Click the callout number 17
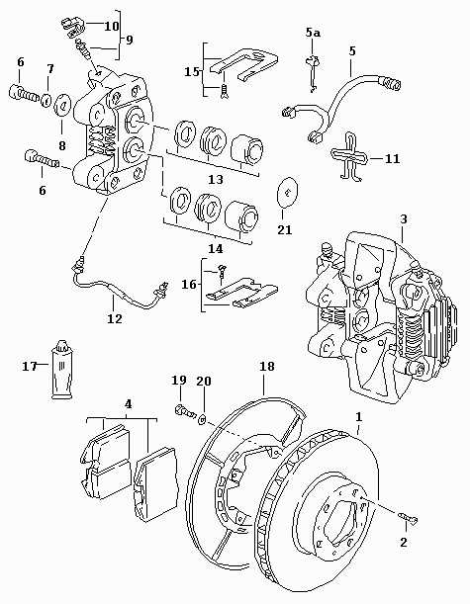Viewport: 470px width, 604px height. coord(30,366)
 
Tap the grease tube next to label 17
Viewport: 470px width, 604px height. coord(61,371)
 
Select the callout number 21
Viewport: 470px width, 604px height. coord(285,229)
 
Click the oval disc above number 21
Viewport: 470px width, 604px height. coord(287,192)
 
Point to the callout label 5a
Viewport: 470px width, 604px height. coord(313,33)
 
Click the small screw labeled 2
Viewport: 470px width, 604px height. coord(409,519)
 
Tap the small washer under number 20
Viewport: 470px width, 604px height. coord(202,419)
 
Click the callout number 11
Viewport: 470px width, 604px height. coord(393,159)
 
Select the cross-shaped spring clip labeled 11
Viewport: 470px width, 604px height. coord(349,157)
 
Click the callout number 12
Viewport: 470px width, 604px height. coord(115,319)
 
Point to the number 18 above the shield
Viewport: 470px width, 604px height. coord(267,366)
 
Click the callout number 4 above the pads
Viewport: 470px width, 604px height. coord(129,404)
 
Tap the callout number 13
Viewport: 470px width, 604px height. coord(216,180)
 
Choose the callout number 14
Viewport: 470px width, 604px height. coord(216,249)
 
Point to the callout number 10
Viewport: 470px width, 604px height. coord(112,26)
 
